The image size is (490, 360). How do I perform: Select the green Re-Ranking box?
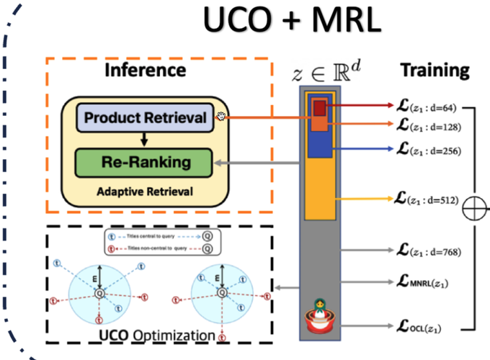point(145,161)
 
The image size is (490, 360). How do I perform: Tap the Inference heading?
point(145,70)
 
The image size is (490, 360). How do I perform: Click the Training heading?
point(435,71)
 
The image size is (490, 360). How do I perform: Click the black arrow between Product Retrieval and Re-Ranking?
point(144,140)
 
